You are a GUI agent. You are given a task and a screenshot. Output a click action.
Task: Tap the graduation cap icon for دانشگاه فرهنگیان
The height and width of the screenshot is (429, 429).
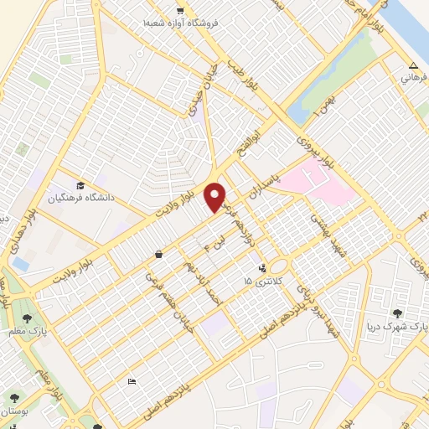click(80, 185)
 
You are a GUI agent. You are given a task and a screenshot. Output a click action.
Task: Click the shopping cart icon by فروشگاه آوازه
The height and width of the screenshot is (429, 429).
click(180, 10)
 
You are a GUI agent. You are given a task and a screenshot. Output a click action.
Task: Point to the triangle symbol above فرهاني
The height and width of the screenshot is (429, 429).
click(411, 65)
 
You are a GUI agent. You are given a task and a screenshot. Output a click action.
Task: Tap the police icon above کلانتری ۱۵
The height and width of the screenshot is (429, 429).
click(263, 269)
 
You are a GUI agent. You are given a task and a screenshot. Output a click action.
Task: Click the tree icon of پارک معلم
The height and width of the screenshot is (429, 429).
click(28, 318)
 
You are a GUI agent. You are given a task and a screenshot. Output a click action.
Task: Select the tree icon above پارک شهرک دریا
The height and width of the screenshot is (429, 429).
click(397, 313)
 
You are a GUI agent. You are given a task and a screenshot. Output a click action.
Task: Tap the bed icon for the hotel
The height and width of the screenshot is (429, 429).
click(132, 382)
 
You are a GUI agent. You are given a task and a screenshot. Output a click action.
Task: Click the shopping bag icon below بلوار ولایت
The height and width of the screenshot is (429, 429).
click(159, 254)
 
